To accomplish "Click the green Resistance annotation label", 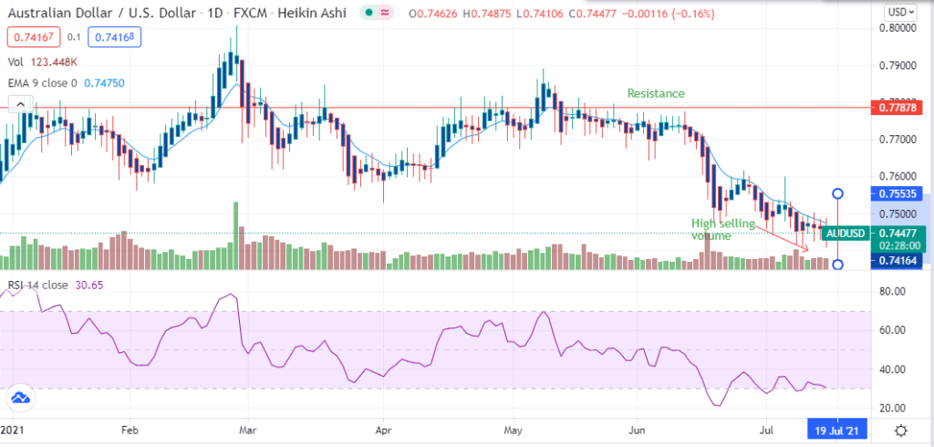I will pyautogui.click(x=655, y=93).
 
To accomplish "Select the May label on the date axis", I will pyautogui.click(x=513, y=429).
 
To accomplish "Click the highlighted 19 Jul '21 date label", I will pyautogui.click(x=835, y=429).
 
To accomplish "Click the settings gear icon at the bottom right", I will pyautogui.click(x=900, y=430).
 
